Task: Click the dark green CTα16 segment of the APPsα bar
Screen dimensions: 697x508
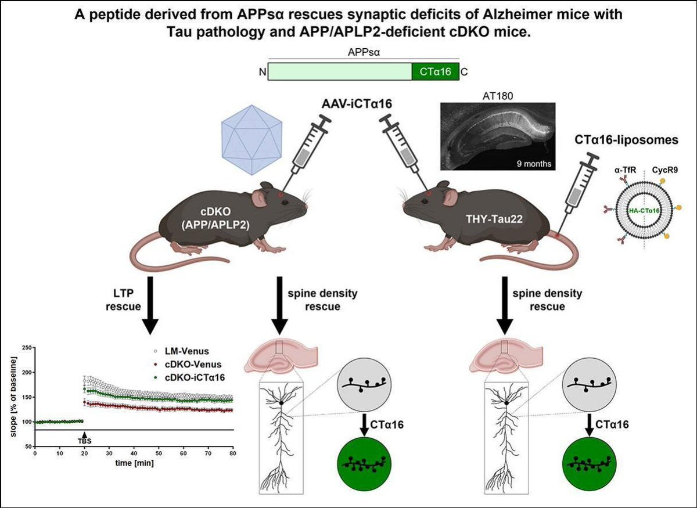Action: tap(435, 71)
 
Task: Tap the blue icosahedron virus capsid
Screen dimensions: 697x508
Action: tap(252, 140)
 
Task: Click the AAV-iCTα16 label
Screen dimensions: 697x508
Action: tap(357, 104)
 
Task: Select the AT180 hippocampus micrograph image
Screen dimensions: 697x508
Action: tap(498, 136)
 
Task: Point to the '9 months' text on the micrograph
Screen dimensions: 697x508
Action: tap(534, 163)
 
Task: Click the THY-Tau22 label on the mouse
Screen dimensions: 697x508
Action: tap(494, 219)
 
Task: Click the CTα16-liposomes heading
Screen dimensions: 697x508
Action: tap(626, 140)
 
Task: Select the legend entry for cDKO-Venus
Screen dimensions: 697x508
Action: tap(188, 364)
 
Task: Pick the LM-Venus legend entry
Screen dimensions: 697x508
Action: tap(181, 351)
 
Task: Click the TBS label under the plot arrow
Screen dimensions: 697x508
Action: tap(84, 441)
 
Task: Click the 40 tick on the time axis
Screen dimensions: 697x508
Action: tap(134, 453)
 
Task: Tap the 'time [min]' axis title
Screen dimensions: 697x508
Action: tap(134, 463)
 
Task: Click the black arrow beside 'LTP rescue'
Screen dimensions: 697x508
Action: tap(150, 306)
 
